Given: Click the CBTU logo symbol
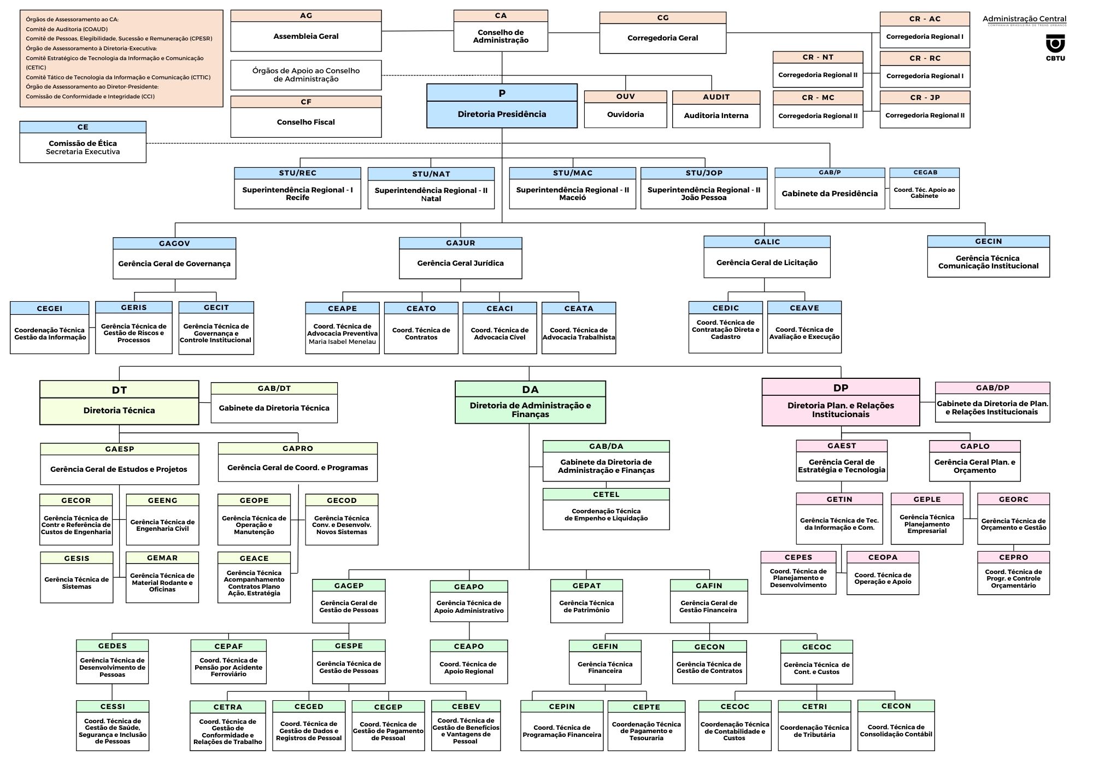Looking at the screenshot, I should click(x=1055, y=43).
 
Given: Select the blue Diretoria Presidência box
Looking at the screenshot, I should click(x=502, y=106).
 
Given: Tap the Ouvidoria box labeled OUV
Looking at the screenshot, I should click(x=625, y=109).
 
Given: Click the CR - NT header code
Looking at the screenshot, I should click(x=818, y=57).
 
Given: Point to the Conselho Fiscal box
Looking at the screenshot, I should click(x=305, y=117).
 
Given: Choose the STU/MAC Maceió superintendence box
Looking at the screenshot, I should click(x=572, y=188).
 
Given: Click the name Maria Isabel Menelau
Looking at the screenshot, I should click(x=342, y=342).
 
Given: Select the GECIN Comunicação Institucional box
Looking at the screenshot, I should click(x=988, y=256).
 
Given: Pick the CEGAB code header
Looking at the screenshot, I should click(x=925, y=173).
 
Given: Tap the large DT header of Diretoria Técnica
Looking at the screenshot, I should click(x=119, y=390).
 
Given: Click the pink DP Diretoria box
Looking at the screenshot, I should click(x=841, y=402).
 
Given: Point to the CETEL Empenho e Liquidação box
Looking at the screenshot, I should click(x=606, y=509).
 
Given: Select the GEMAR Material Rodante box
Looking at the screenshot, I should click(x=162, y=577).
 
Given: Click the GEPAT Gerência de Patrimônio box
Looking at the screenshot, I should click(x=586, y=601).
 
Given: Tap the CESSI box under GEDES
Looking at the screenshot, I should click(x=113, y=725).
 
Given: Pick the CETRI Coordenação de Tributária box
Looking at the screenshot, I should click(x=814, y=725).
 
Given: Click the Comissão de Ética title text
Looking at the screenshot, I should click(x=83, y=143).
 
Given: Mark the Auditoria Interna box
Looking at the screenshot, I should click(x=716, y=109).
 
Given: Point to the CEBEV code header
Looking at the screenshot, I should click(x=466, y=706).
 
